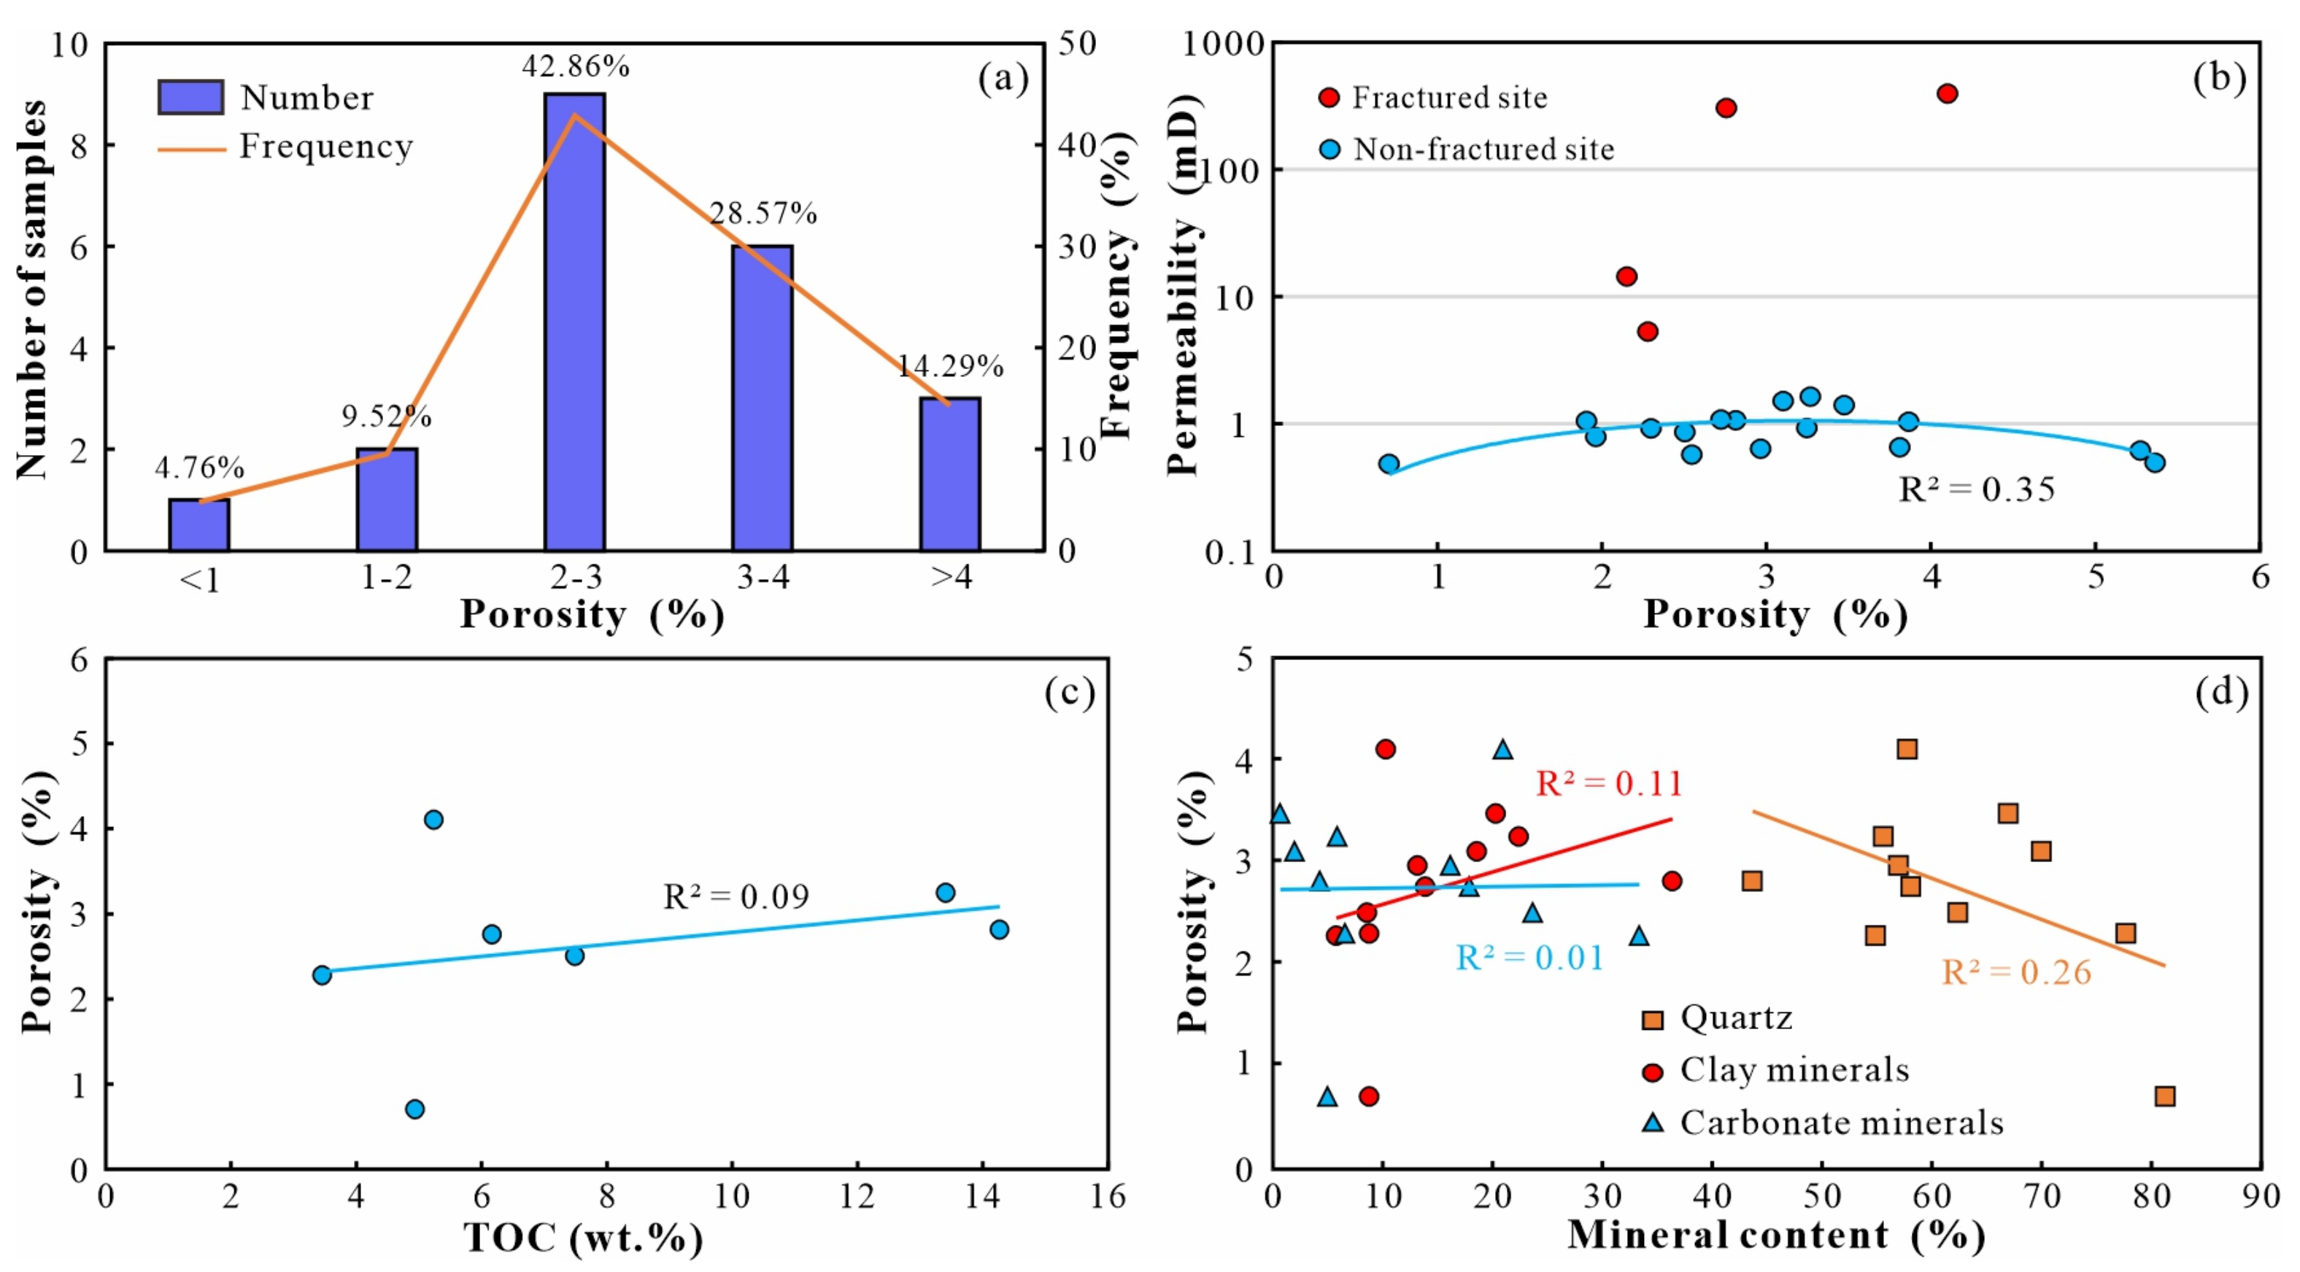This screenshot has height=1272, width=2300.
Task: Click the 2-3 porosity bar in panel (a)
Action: pos(574,322)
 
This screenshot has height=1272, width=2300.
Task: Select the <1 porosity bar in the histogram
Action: pos(199,525)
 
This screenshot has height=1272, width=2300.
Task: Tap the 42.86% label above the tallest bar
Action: pos(576,66)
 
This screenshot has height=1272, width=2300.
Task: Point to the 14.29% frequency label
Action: pos(949,366)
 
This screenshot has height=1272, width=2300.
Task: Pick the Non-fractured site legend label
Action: pos(1482,149)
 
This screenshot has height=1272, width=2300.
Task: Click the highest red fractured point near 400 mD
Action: pos(1948,94)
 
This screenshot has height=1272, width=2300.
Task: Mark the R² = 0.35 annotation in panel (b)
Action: pos(1976,489)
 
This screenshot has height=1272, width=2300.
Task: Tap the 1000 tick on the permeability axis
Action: pos(1222,43)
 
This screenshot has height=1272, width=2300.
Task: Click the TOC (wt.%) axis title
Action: pos(583,1237)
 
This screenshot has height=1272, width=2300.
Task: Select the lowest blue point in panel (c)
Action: pos(414,1109)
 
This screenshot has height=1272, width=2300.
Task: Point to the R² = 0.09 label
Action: pos(736,896)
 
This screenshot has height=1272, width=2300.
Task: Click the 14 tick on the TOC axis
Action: pos(982,1196)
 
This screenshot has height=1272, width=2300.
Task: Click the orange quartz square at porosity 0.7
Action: pos(2164,1095)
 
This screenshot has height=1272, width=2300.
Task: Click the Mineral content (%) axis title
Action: pos(1776,1235)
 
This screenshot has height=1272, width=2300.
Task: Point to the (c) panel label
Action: pos(1070,693)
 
